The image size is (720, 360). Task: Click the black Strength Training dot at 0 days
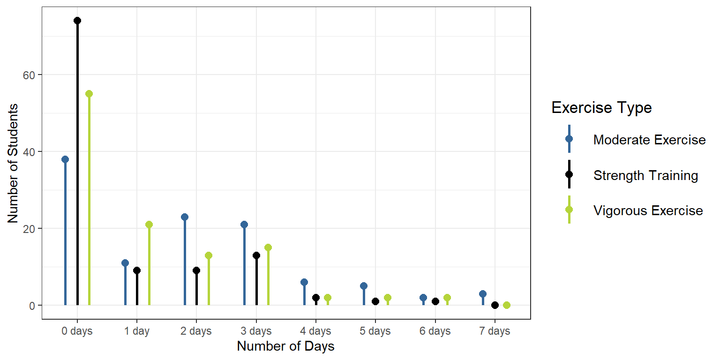(x=77, y=21)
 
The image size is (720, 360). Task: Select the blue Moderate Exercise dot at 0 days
(x=65, y=159)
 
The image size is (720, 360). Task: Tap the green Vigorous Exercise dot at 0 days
(x=89, y=94)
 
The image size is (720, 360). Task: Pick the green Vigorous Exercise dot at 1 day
(x=149, y=225)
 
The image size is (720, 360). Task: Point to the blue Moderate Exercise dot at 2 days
(x=185, y=217)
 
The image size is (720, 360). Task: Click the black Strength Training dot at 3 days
(x=256, y=255)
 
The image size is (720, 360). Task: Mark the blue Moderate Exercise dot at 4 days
(x=304, y=282)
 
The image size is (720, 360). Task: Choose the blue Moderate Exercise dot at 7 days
(x=483, y=294)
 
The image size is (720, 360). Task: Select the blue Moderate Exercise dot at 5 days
(x=364, y=286)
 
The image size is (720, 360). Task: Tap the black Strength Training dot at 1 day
(x=137, y=270)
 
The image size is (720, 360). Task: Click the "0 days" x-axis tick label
(x=77, y=331)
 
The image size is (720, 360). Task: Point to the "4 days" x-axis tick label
(x=315, y=331)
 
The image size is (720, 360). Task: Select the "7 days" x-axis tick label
(x=495, y=331)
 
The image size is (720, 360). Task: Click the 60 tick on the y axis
(x=29, y=75)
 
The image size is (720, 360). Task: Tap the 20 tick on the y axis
(x=29, y=229)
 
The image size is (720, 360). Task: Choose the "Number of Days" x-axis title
(x=286, y=346)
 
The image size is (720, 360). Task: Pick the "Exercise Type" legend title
(x=601, y=108)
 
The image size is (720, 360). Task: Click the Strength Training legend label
(x=645, y=176)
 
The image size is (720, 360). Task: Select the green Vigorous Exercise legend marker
(x=569, y=210)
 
